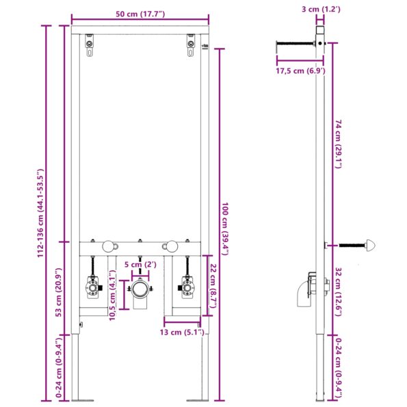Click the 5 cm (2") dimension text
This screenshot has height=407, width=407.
141,265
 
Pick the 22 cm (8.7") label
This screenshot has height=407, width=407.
213,286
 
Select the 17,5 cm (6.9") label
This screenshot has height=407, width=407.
299,70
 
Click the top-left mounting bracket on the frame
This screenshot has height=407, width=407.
90,46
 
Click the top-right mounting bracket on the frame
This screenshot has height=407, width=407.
190,46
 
